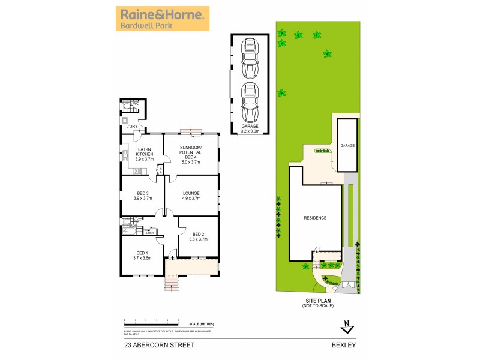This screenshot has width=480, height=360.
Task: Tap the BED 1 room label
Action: click(142, 255)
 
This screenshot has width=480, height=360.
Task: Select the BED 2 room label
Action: click(198, 236)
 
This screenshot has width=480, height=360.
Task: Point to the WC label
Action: click(136, 104)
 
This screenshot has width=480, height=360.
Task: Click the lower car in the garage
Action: click(250, 103)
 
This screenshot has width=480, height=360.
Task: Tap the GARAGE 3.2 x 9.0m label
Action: click(250, 128)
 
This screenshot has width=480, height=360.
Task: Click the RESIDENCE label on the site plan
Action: click(314, 218)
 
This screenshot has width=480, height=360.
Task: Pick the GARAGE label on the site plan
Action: click(348, 146)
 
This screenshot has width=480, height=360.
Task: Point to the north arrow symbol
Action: click(346, 327)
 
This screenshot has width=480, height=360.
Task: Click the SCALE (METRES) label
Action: click(201, 324)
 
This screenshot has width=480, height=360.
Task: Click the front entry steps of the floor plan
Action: click(172, 283)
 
